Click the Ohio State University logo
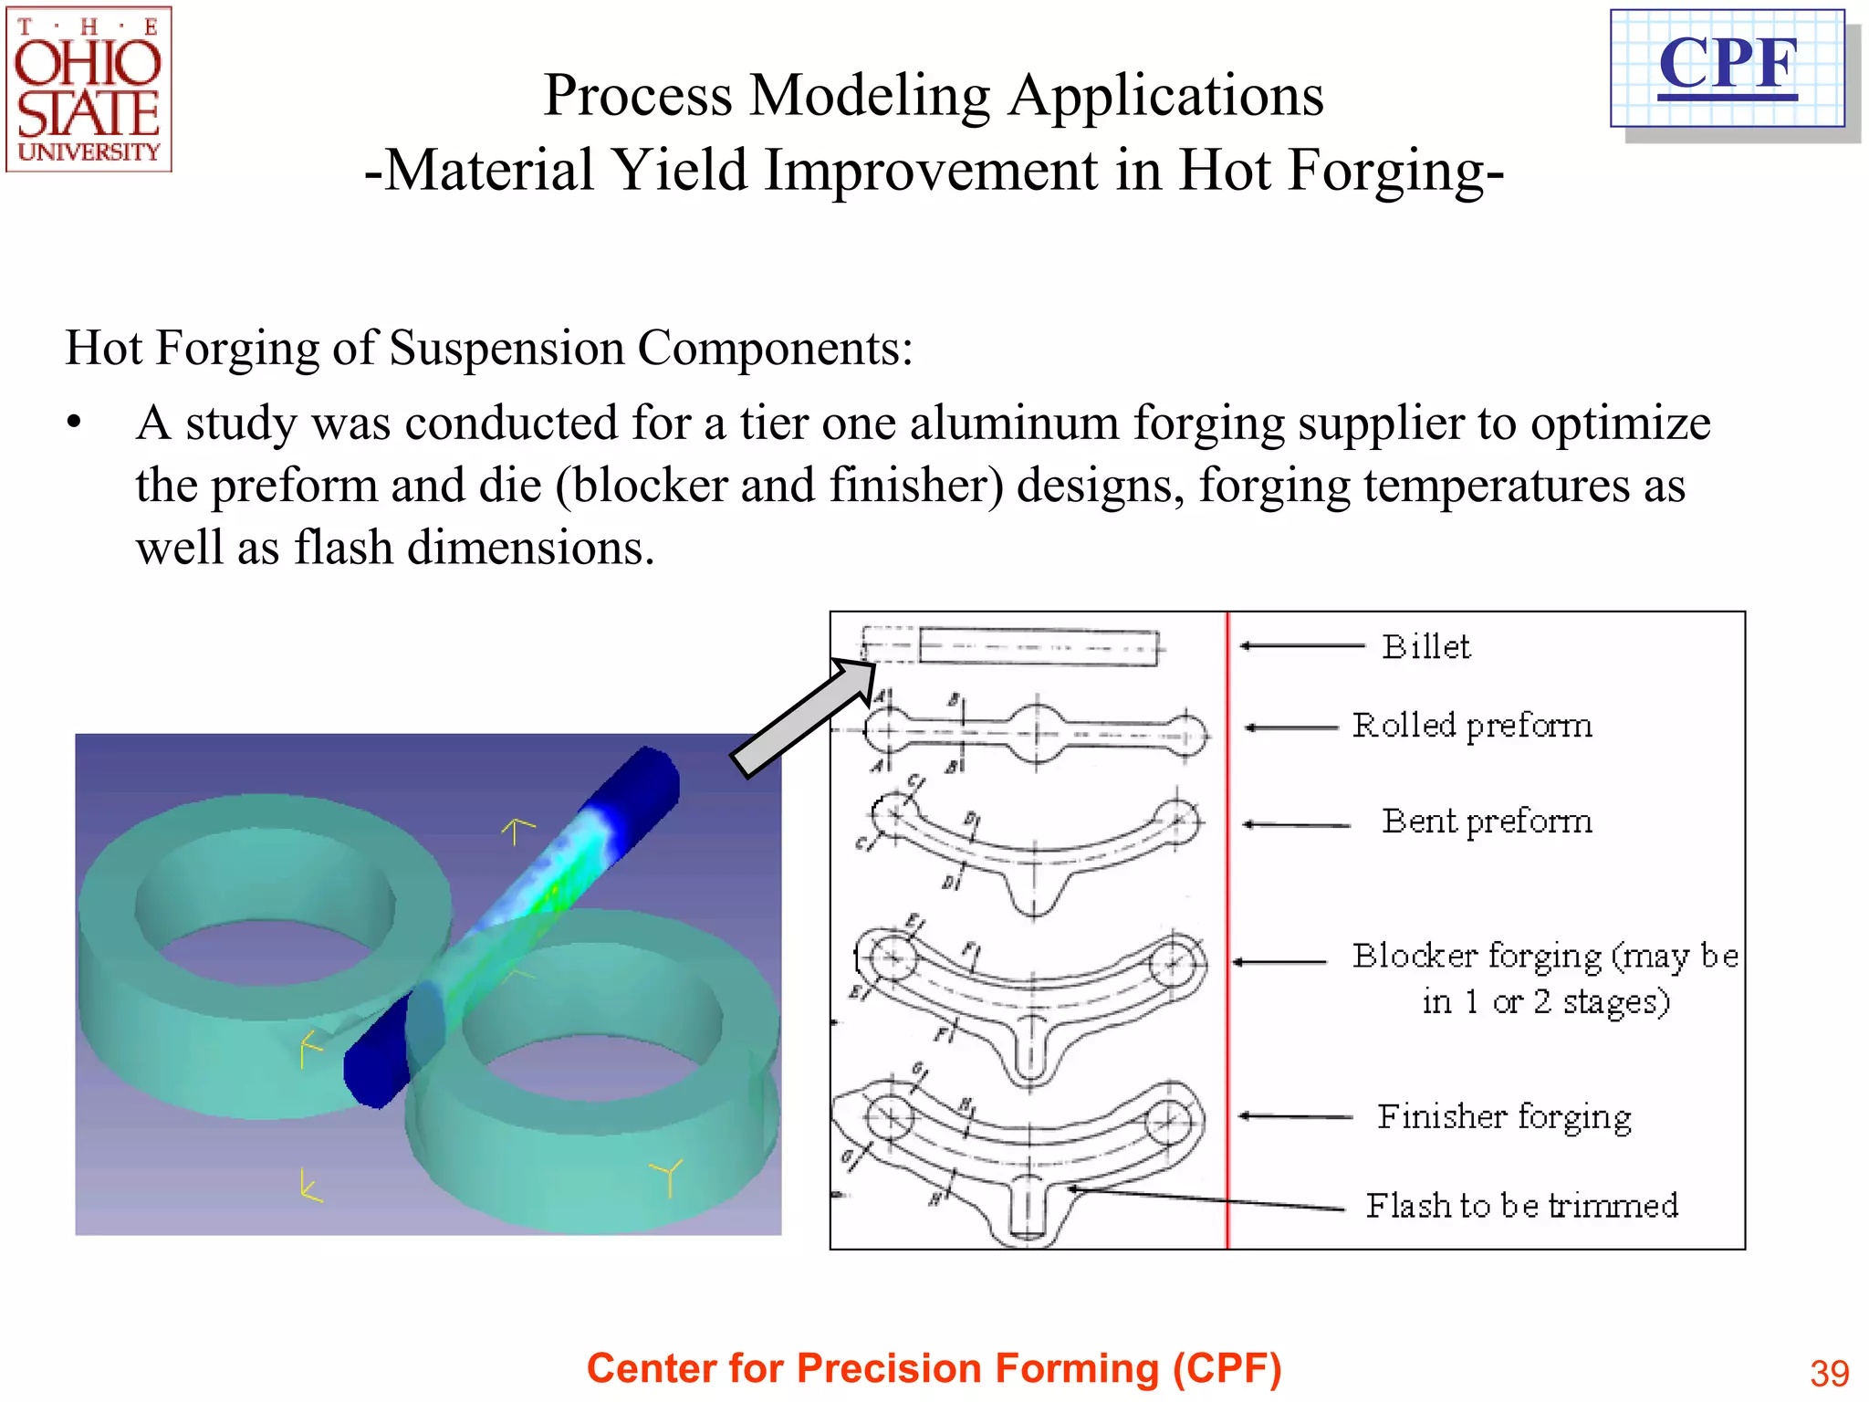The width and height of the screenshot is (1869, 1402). click(x=89, y=89)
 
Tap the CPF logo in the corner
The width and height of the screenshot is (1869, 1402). click(x=1728, y=68)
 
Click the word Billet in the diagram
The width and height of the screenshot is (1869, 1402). click(x=1425, y=647)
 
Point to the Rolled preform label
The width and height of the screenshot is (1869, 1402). click(x=1472, y=726)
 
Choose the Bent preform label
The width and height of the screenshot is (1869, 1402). click(x=1487, y=821)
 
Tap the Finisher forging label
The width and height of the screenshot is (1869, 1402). click(x=1504, y=1117)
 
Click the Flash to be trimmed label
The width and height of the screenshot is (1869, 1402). click(x=1521, y=1206)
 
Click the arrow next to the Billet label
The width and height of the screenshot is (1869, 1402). click(x=1301, y=646)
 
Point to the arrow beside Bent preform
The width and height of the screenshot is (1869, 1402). click(x=1296, y=825)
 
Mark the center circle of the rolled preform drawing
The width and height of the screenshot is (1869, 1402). click(x=1036, y=732)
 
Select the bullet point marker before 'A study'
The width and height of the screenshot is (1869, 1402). click(x=74, y=424)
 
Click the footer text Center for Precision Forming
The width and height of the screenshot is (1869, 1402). click(x=934, y=1368)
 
